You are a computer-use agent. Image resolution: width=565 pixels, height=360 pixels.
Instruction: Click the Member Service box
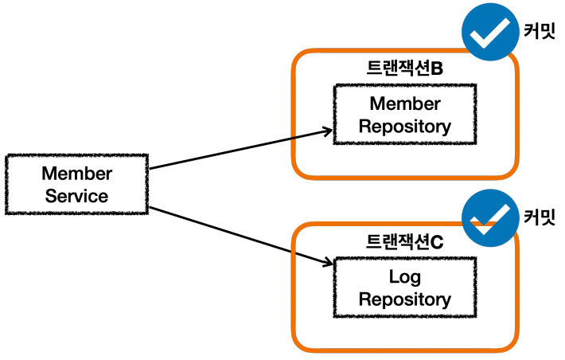76,185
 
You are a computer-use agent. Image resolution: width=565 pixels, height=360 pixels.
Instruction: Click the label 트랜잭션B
403,67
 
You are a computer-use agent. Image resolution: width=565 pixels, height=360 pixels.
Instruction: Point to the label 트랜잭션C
403,241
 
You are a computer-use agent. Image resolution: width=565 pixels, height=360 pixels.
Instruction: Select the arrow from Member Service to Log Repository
239,236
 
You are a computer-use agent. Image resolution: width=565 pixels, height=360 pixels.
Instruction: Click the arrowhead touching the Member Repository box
325,131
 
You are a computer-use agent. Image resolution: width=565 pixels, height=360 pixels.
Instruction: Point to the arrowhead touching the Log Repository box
325,264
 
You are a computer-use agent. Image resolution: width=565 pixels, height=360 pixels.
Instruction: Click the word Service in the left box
76,196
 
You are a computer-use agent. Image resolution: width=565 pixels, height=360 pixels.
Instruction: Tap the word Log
404,277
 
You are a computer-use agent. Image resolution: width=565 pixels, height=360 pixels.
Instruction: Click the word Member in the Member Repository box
404,104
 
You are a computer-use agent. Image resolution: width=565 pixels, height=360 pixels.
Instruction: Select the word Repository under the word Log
404,299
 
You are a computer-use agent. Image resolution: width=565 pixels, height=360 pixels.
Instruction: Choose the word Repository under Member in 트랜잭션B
404,126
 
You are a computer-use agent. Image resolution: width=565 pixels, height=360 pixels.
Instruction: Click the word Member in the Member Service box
76,174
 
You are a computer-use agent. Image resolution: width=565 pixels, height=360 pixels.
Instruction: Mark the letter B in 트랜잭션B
436,67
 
